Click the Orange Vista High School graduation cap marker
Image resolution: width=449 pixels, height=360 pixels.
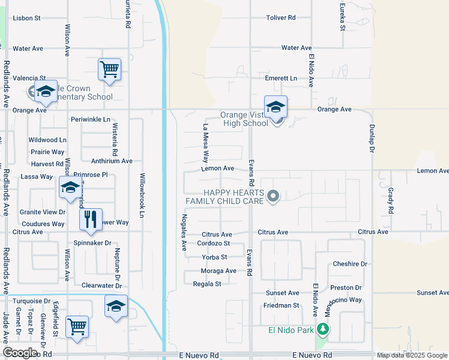(276, 107)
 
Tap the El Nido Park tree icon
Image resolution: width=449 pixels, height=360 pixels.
(323, 329)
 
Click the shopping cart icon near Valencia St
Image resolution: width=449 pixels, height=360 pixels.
(110, 69)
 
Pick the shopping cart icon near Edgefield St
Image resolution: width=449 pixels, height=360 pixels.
(77, 327)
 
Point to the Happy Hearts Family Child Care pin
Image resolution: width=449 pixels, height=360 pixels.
(273, 196)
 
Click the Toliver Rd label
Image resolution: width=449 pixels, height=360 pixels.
(281, 18)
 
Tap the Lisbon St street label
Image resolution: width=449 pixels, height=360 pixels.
(26, 18)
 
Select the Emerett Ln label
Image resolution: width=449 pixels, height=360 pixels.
(281, 79)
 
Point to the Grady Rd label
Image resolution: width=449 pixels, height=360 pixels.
(390, 200)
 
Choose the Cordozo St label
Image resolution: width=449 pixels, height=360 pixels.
(214, 244)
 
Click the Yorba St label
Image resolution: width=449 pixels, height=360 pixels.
(214, 257)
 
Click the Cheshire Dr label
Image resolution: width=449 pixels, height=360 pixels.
(349, 264)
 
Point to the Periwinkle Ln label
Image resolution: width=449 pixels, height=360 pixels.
(90, 119)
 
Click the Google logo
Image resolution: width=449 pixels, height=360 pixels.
(20, 353)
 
